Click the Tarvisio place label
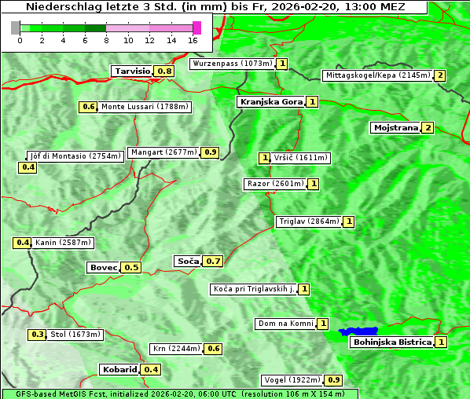click(x=132, y=71)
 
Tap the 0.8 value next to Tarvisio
click(x=164, y=71)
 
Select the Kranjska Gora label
click(x=270, y=101)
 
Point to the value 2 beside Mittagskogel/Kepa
click(x=440, y=75)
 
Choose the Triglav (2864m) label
click(x=309, y=221)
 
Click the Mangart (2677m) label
click(x=163, y=152)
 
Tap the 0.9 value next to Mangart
click(x=210, y=152)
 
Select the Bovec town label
click(x=103, y=267)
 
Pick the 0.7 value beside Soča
click(x=214, y=261)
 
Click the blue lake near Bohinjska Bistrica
click(x=358, y=331)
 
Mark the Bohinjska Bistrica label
click(x=392, y=342)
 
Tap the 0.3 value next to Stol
click(x=37, y=335)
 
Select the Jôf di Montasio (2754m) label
click(x=75, y=156)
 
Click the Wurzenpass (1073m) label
click(x=233, y=64)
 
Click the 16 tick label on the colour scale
click(x=193, y=40)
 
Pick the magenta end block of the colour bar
click(x=196, y=27)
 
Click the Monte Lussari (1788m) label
click(x=145, y=107)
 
